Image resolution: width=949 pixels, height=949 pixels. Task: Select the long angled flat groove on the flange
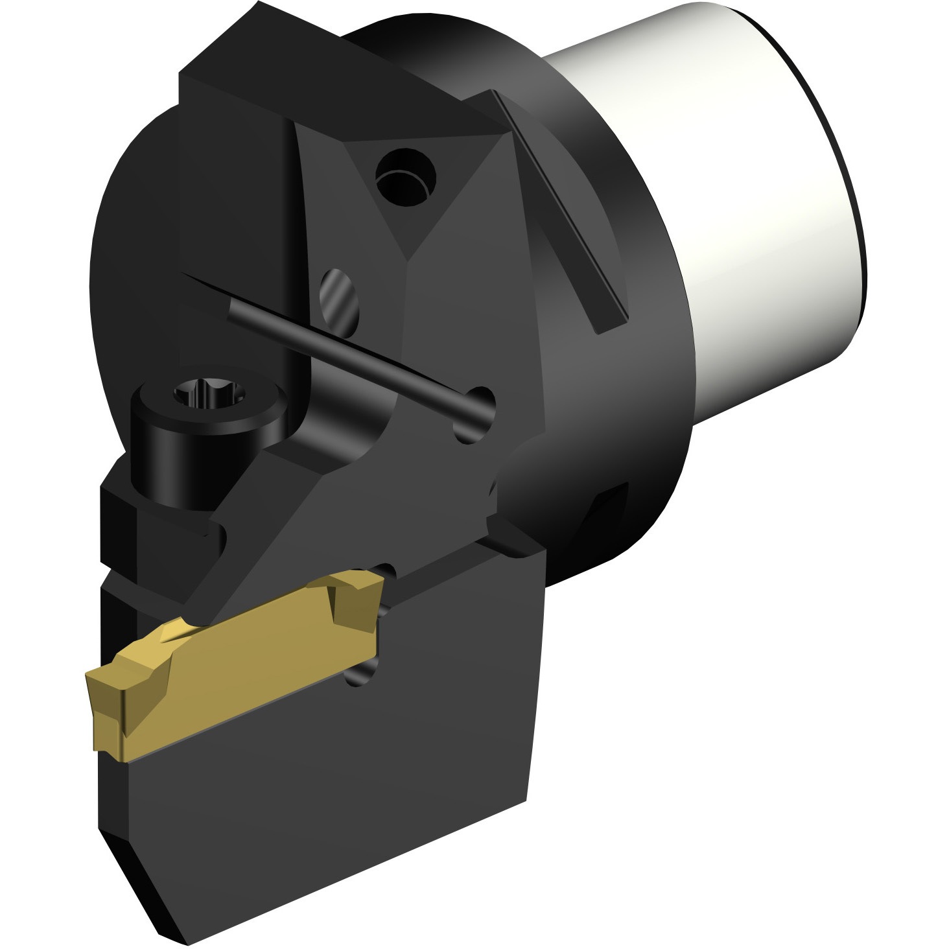pyautogui.click(x=557, y=207)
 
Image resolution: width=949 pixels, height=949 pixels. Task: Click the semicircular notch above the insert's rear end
pyautogui.click(x=387, y=571)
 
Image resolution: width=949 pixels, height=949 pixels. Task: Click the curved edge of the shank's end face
pyautogui.click(x=843, y=162)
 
